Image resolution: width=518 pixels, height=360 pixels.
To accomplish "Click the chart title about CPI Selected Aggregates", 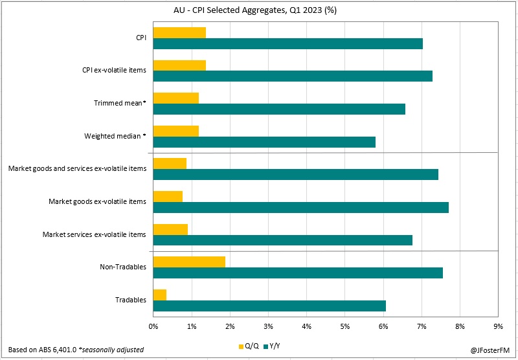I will click(x=259, y=10).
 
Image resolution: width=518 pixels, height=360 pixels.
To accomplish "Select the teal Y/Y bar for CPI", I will click(x=287, y=43).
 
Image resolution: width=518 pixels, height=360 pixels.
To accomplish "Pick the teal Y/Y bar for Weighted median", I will click(x=264, y=142).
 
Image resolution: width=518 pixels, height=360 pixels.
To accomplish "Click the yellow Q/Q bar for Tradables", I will click(x=160, y=295).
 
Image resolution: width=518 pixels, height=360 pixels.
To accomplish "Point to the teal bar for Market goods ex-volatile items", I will click(x=300, y=207).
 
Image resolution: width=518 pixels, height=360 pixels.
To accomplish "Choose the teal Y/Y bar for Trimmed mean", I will click(x=279, y=109).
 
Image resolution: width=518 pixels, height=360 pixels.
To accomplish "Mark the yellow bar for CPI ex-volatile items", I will click(x=179, y=65).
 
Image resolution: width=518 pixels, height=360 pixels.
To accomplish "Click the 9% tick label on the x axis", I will click(x=498, y=326).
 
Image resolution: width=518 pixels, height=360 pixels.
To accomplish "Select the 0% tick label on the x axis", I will click(x=153, y=326).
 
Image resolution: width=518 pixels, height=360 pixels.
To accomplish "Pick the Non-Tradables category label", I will click(x=123, y=267).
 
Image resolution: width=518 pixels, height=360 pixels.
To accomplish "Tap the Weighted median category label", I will click(x=115, y=136).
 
